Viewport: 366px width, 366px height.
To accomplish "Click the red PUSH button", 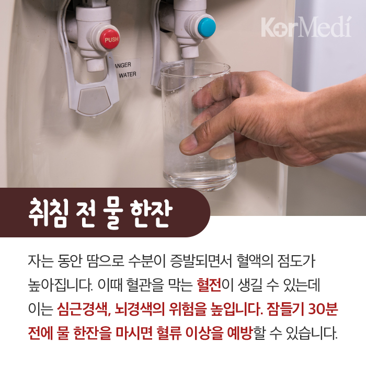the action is (x=110, y=39).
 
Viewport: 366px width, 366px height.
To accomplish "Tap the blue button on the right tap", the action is (x=207, y=27).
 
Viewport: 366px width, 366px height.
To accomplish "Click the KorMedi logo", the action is (x=306, y=27).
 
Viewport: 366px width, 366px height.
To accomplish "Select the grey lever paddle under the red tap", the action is (x=94, y=100).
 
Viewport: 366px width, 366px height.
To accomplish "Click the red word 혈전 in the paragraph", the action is (x=209, y=285).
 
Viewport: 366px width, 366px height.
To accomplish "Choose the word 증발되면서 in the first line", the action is (x=201, y=260).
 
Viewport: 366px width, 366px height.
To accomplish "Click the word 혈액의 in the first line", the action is (x=255, y=260).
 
